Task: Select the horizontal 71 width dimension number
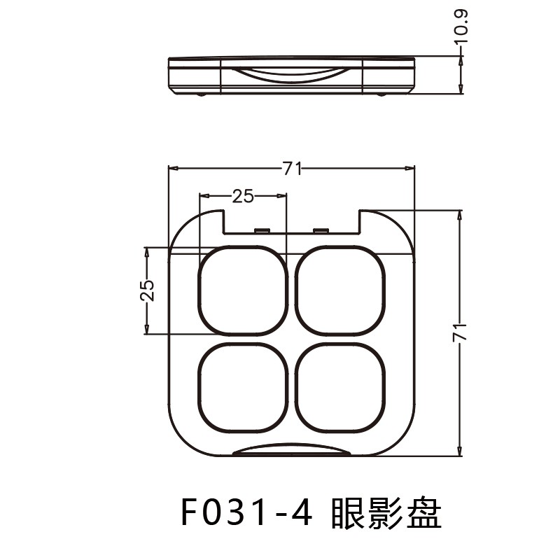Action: coord(292,169)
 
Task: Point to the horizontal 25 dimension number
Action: coord(243,196)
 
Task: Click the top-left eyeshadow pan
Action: coord(243,290)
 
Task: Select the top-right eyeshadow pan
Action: coord(341,290)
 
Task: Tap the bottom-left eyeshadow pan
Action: coord(243,387)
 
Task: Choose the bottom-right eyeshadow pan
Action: coord(341,387)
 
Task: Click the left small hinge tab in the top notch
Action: coord(262,230)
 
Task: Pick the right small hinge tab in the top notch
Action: coord(321,230)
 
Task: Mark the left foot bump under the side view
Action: coord(202,94)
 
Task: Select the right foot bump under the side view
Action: coord(381,94)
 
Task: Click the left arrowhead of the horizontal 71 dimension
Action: coord(173,169)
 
